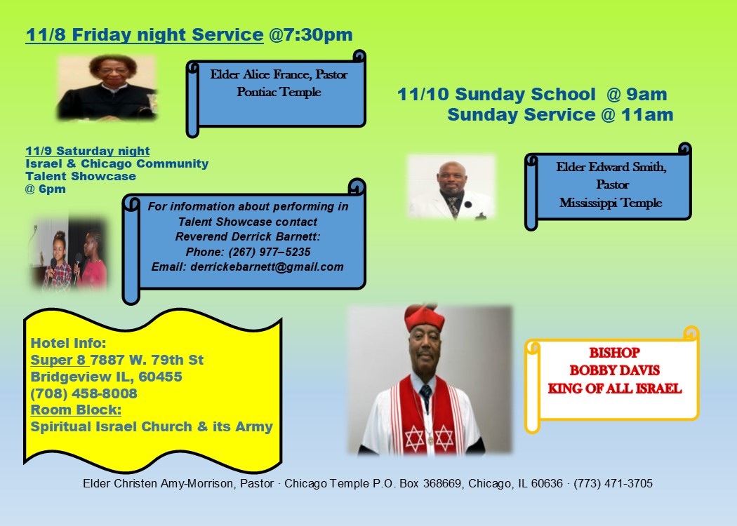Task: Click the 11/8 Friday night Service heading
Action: (x=144, y=34)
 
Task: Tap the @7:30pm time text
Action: (x=310, y=34)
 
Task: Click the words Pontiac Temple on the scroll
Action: (x=279, y=92)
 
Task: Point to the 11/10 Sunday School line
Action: (x=531, y=94)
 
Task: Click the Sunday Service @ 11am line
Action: (x=560, y=114)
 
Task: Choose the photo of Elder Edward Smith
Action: (x=451, y=187)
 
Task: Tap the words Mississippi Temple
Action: (x=610, y=203)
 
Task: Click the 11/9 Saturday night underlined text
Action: (x=87, y=151)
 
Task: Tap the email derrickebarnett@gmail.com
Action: (x=247, y=267)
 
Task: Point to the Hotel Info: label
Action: (x=68, y=344)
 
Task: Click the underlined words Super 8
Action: (x=59, y=360)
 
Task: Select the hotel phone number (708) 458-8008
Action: (x=84, y=393)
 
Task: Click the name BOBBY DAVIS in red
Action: (x=614, y=370)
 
